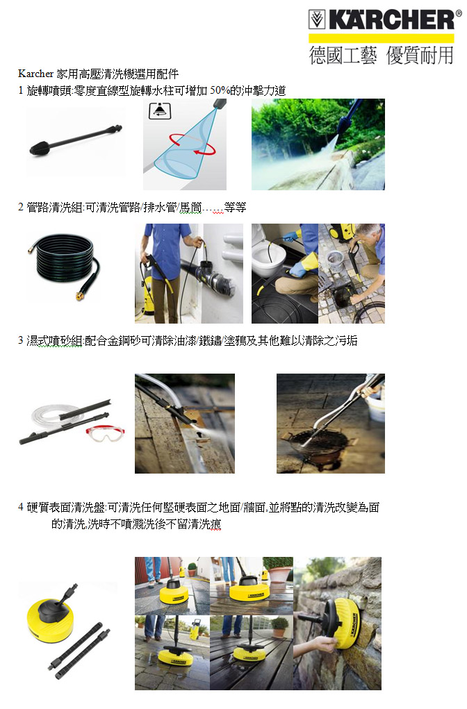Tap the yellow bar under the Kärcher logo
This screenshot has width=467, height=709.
(x=381, y=38)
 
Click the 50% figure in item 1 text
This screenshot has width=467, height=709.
(x=220, y=90)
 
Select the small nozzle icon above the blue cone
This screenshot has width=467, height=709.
(x=160, y=111)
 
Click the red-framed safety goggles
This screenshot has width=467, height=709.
(x=106, y=433)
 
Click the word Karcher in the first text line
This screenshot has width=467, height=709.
(x=35, y=73)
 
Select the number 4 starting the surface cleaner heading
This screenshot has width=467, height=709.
(x=21, y=507)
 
